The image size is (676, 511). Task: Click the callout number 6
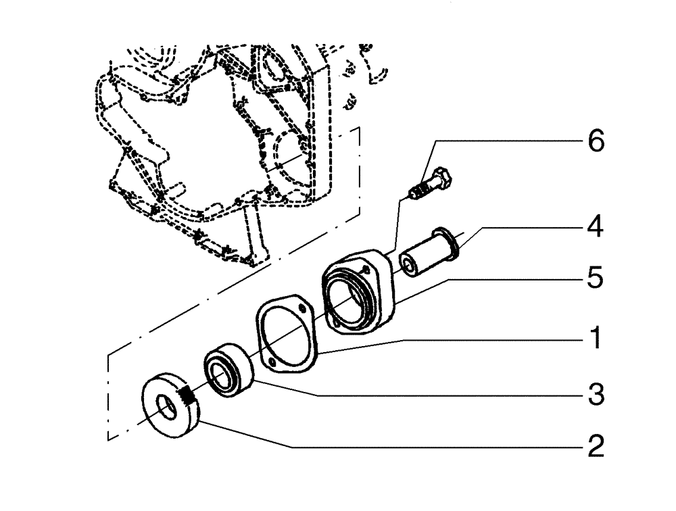(x=596, y=143)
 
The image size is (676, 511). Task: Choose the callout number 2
(x=596, y=447)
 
